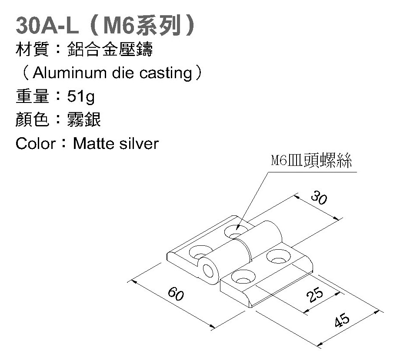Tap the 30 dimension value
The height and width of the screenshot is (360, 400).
[319, 198]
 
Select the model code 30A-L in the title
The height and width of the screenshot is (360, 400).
[47, 26]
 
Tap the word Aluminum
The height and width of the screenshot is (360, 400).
[63, 73]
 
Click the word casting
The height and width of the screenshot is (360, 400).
[166, 73]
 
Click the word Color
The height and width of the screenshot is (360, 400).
[35, 143]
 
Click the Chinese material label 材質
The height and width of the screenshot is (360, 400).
[32, 50]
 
